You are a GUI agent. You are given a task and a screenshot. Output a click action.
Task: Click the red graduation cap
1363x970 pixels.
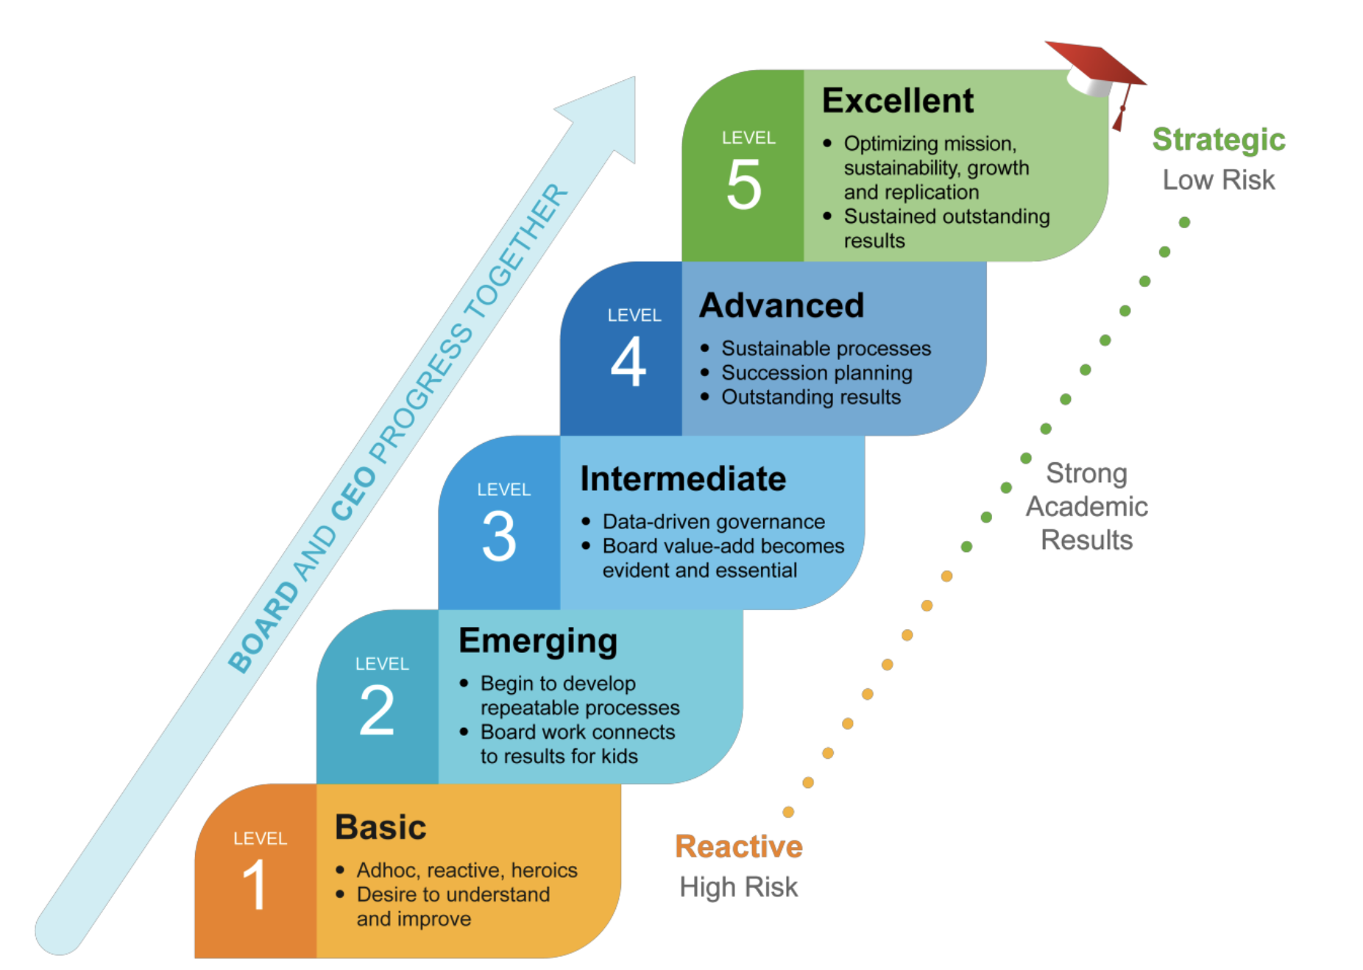point(1096,73)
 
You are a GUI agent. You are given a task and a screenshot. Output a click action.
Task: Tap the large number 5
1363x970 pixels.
point(743,185)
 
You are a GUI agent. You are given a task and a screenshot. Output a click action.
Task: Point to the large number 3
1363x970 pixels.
point(499,537)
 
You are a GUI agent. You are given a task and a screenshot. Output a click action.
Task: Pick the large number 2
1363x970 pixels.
point(377,710)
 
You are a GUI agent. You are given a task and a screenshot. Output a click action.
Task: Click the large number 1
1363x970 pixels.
point(255,885)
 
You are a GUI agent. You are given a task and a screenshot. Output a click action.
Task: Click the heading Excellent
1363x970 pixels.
point(897,101)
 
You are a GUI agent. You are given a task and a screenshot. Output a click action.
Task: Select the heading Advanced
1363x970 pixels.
point(782,305)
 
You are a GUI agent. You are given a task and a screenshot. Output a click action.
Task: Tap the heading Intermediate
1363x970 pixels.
point(683,479)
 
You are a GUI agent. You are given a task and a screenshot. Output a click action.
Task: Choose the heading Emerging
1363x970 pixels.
point(538,641)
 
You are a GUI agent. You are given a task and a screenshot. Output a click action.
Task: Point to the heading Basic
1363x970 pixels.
point(380,827)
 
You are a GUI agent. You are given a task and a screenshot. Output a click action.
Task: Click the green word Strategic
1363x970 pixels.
point(1218,140)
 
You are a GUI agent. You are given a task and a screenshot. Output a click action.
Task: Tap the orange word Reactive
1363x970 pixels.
point(738,846)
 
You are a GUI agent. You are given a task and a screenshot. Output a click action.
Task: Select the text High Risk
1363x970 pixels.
point(738,887)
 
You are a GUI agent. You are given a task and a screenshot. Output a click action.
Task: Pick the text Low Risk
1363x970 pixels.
point(1218,180)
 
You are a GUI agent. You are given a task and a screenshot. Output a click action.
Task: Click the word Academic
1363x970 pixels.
point(1086,506)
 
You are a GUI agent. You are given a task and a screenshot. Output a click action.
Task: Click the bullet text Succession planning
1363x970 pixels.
point(816,373)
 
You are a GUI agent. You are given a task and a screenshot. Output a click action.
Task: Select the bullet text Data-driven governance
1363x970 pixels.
point(713,522)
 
